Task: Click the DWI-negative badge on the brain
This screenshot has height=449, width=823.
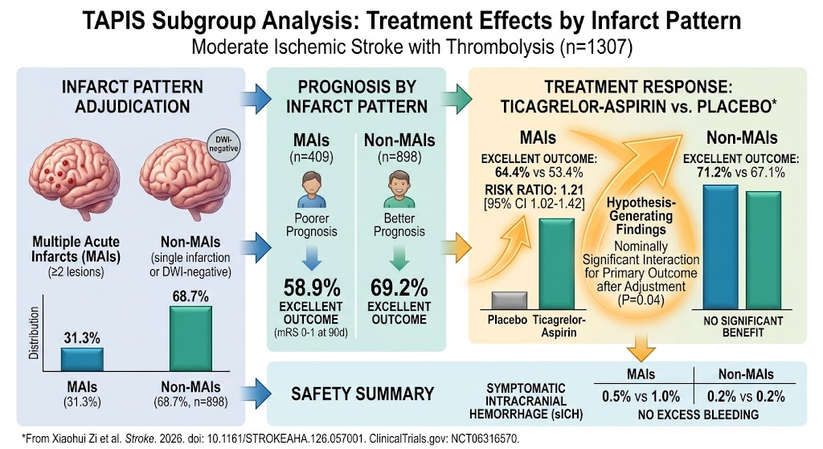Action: (x=223, y=145)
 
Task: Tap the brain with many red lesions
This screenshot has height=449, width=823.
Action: (x=75, y=179)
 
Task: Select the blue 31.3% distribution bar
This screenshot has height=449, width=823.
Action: (x=82, y=359)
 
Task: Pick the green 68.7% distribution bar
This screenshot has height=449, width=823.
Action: (x=190, y=338)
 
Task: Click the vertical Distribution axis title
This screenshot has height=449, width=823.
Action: (x=34, y=333)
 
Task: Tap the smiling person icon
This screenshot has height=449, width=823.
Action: (x=399, y=190)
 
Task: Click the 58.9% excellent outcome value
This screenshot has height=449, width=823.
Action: (x=312, y=288)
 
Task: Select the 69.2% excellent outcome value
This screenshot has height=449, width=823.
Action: (x=399, y=288)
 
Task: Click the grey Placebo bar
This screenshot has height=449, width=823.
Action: (x=509, y=300)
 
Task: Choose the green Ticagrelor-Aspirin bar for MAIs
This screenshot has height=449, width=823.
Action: (x=557, y=263)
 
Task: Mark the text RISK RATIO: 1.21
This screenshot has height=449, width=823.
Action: (x=534, y=190)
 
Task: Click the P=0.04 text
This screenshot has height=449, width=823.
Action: (x=641, y=300)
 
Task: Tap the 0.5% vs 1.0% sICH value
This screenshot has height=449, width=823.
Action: (x=641, y=396)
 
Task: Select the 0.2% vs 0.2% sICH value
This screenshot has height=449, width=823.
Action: (x=746, y=396)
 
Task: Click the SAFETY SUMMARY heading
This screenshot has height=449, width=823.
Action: (x=362, y=394)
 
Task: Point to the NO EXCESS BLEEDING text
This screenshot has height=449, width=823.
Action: (x=698, y=415)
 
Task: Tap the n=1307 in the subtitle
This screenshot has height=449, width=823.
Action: (x=596, y=47)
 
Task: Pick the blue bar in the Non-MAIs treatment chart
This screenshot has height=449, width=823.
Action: (x=720, y=247)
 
